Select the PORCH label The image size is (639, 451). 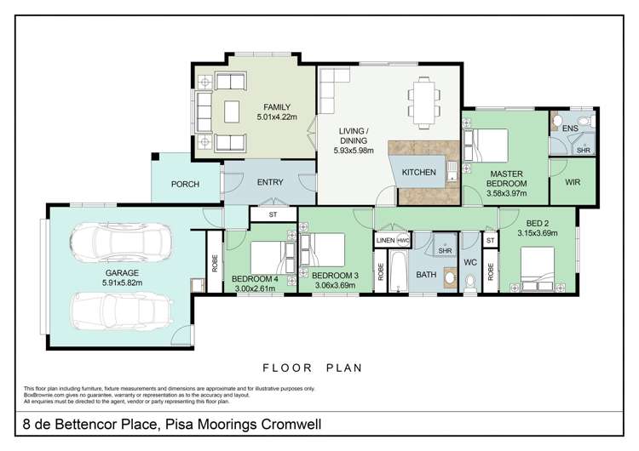click(185, 184)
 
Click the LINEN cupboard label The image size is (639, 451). click(385, 242)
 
